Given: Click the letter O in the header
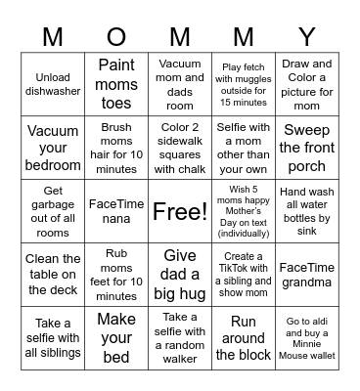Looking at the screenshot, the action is click(116, 37).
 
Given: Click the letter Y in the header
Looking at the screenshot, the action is click(307, 37).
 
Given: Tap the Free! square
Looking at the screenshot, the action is click(180, 211).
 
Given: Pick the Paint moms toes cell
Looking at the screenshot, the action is click(116, 84).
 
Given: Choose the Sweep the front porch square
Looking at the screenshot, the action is click(307, 148).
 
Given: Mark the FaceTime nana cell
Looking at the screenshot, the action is click(116, 211).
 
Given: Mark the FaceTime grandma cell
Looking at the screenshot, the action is click(307, 275).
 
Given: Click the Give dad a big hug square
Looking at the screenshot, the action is click(180, 275).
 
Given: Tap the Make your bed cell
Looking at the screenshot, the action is click(116, 338).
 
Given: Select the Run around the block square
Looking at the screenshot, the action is click(244, 338).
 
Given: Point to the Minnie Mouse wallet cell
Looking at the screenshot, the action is click(307, 338).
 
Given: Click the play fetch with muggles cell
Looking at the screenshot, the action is click(244, 84).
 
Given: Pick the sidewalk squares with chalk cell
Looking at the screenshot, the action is click(180, 148).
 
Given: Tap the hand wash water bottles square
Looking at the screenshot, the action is click(307, 211).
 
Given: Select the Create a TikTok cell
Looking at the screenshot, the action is click(244, 275).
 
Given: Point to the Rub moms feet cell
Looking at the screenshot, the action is click(116, 275).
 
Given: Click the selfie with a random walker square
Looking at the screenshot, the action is click(180, 338).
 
